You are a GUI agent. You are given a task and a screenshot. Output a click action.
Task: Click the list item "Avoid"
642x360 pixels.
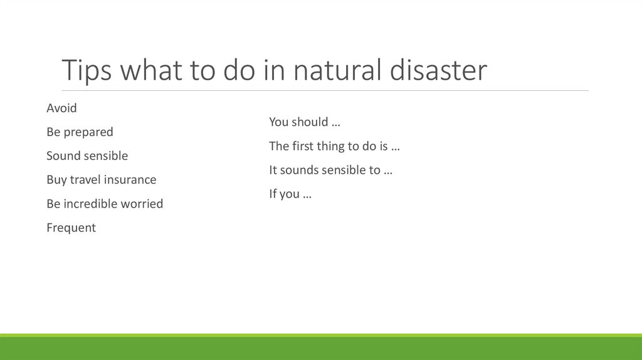pos(61,108)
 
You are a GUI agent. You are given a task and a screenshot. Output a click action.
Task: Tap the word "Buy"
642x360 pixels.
pos(56,180)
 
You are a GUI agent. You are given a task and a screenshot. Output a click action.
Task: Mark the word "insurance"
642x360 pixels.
pos(130,180)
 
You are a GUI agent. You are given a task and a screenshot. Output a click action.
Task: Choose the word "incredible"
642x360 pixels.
pos(92,204)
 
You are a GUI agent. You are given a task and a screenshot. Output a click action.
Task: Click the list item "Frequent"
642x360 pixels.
pos(71,228)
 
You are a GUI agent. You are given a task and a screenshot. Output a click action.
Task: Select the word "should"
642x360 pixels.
pos(310,122)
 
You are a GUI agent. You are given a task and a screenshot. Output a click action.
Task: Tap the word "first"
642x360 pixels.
pos(304,146)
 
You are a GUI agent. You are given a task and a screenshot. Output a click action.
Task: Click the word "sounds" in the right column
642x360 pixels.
pos(298,170)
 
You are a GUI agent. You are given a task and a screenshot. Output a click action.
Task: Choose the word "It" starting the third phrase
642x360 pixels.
pos(273,170)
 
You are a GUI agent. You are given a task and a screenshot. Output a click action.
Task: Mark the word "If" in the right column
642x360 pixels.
pos(273,194)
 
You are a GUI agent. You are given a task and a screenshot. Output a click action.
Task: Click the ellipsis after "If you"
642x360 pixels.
pos(307,195)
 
